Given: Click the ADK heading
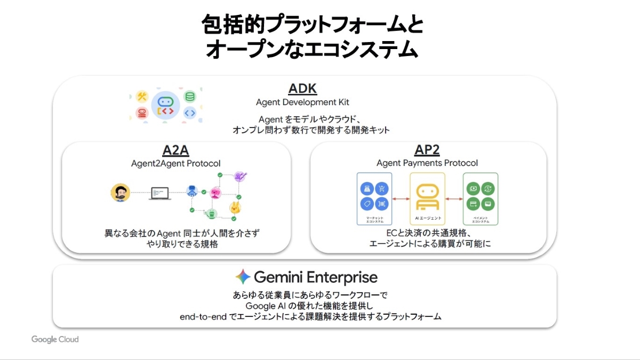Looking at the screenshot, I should pyautogui.click(x=302, y=88).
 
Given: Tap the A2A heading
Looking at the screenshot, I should pyautogui.click(x=175, y=150).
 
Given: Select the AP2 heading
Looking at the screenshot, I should pyautogui.click(x=427, y=150).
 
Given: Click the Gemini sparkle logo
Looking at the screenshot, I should pyautogui.click(x=243, y=277).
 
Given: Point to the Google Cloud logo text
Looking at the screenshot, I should pyautogui.click(x=55, y=339).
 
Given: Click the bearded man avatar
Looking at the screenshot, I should pyautogui.click(x=121, y=193).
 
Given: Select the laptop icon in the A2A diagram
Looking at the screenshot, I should pyautogui.click(x=160, y=193).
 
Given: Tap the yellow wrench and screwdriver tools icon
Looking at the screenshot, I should pyautogui.click(x=142, y=97).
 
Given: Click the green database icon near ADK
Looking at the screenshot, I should pyautogui.click(x=189, y=97).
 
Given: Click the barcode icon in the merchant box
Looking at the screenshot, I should pyautogui.click(x=382, y=204).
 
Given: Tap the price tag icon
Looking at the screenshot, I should pyautogui.click(x=366, y=204).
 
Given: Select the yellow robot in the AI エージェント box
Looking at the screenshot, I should pyautogui.click(x=427, y=196).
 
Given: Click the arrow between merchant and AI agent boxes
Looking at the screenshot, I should pyautogui.click(x=401, y=199).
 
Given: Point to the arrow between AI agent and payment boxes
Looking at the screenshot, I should pyautogui.click(x=454, y=199).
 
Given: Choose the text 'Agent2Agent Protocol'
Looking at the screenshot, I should pyautogui.click(x=175, y=163).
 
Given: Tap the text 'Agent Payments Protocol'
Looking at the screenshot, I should pyautogui.click(x=427, y=163).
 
